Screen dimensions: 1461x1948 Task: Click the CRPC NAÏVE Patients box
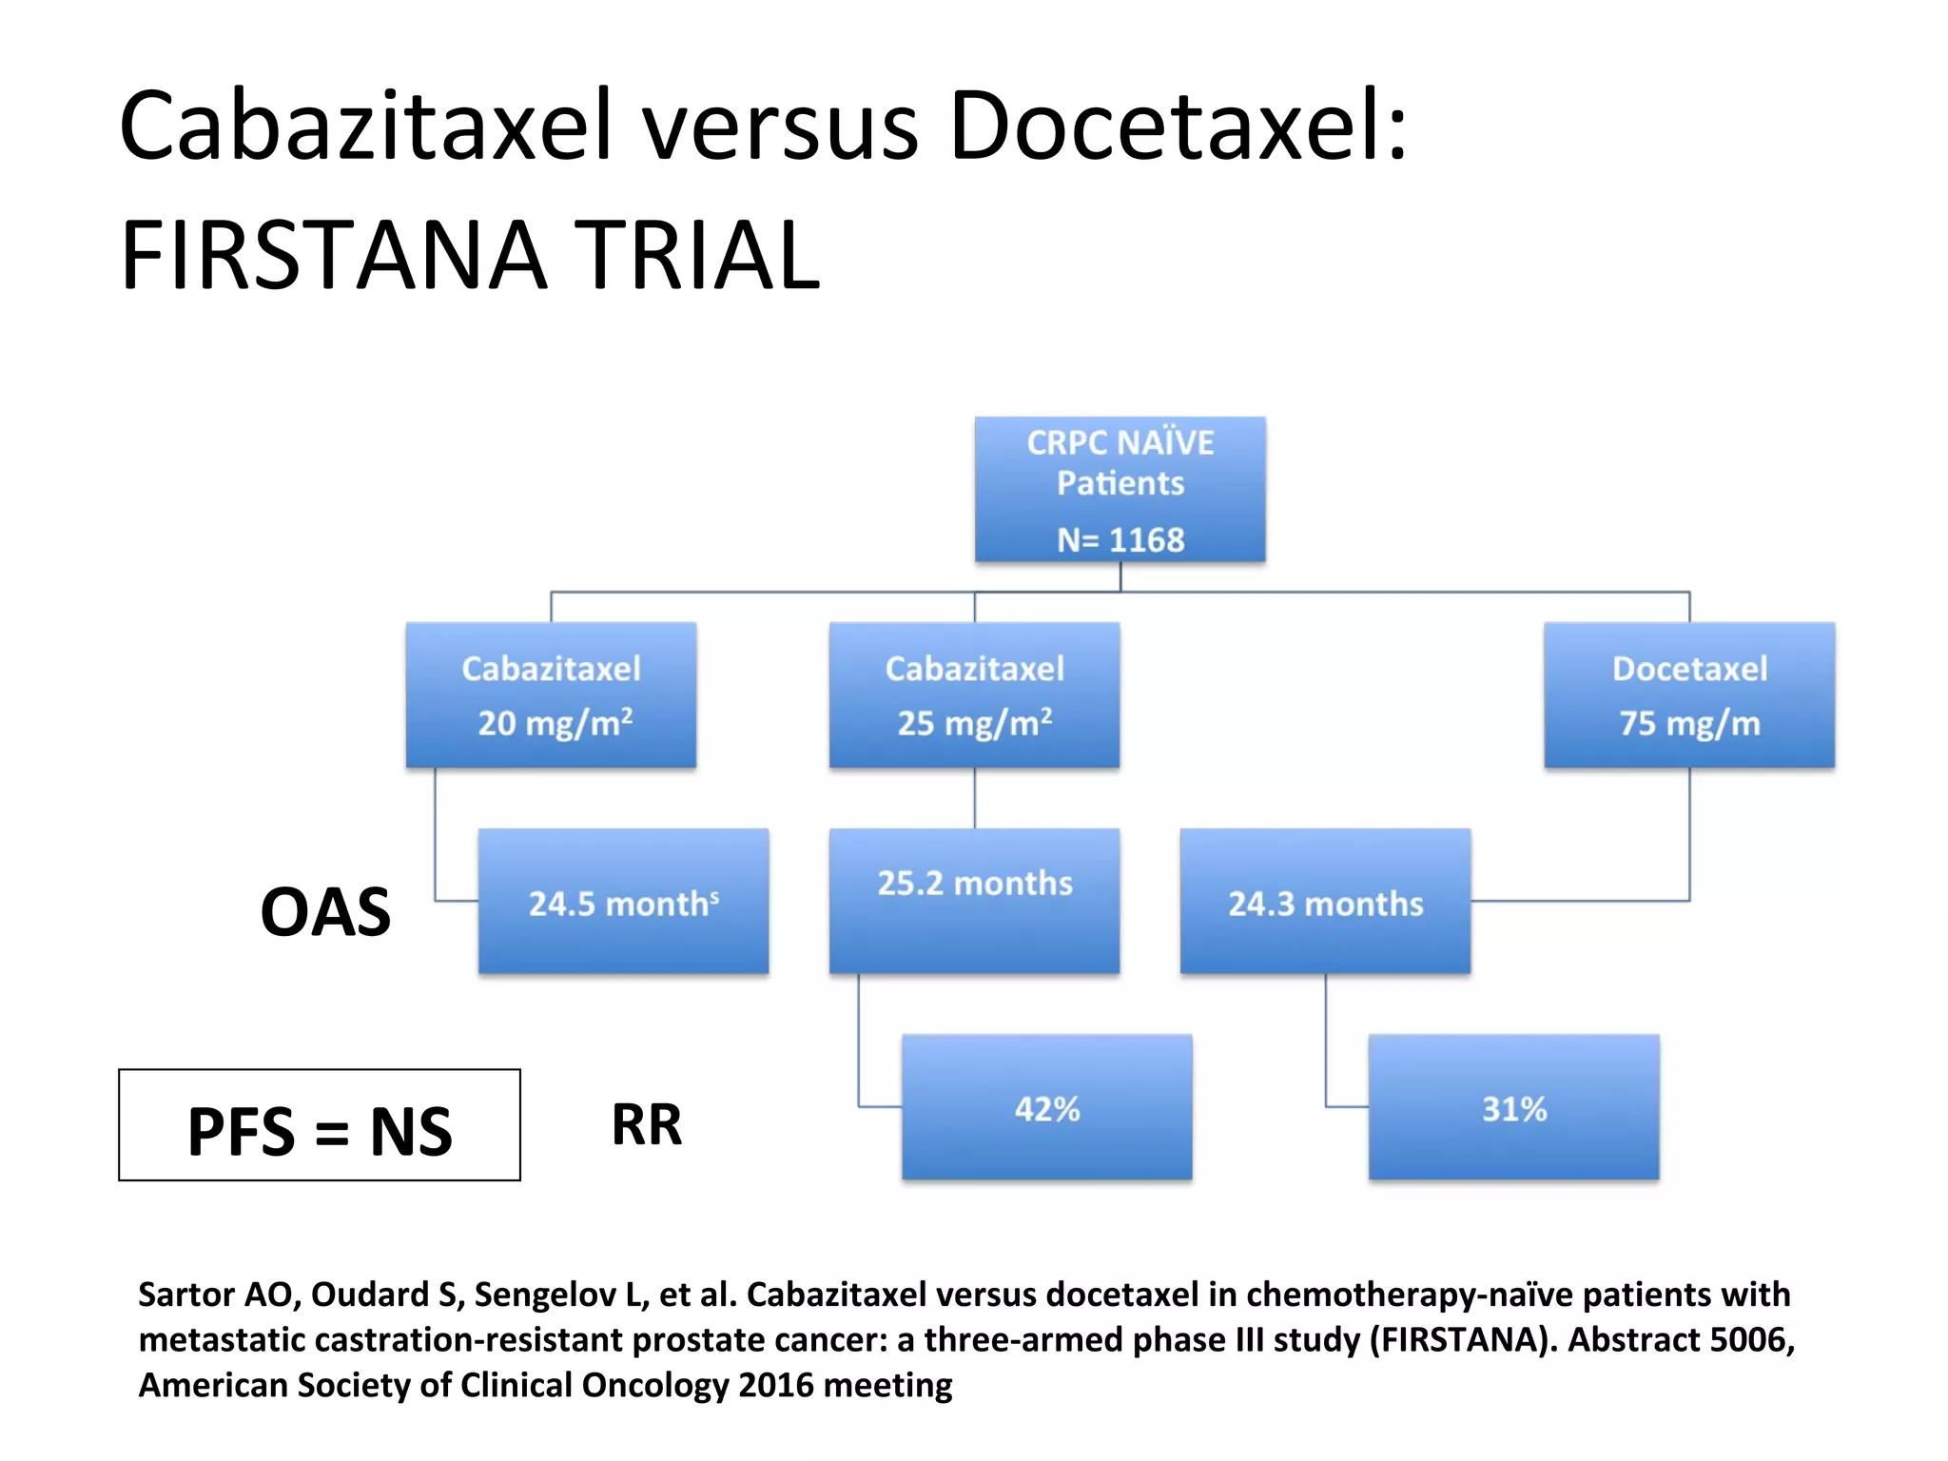pos(1120,489)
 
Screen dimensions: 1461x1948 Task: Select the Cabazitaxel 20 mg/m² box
pos(551,694)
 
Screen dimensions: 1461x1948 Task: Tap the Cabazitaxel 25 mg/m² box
pos(974,694)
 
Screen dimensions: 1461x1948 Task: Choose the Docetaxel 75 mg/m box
pos(1689,694)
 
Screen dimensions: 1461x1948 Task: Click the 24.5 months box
pos(623,901)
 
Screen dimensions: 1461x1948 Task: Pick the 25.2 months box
pos(974,901)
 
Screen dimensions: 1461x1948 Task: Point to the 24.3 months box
pos(1325,901)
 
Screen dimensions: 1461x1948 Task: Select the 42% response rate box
pos(1046,1107)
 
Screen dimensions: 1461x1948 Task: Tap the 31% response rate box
pos(1513,1107)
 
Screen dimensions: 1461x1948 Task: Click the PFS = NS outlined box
pos(320,1125)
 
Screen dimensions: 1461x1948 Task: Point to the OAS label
pos(325,912)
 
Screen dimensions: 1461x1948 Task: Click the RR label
pos(647,1124)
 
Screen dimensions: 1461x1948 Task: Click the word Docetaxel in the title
pos(1178,126)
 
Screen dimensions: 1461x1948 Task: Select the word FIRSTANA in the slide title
pos(334,255)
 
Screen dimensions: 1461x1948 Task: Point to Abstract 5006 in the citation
pos(1680,1339)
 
